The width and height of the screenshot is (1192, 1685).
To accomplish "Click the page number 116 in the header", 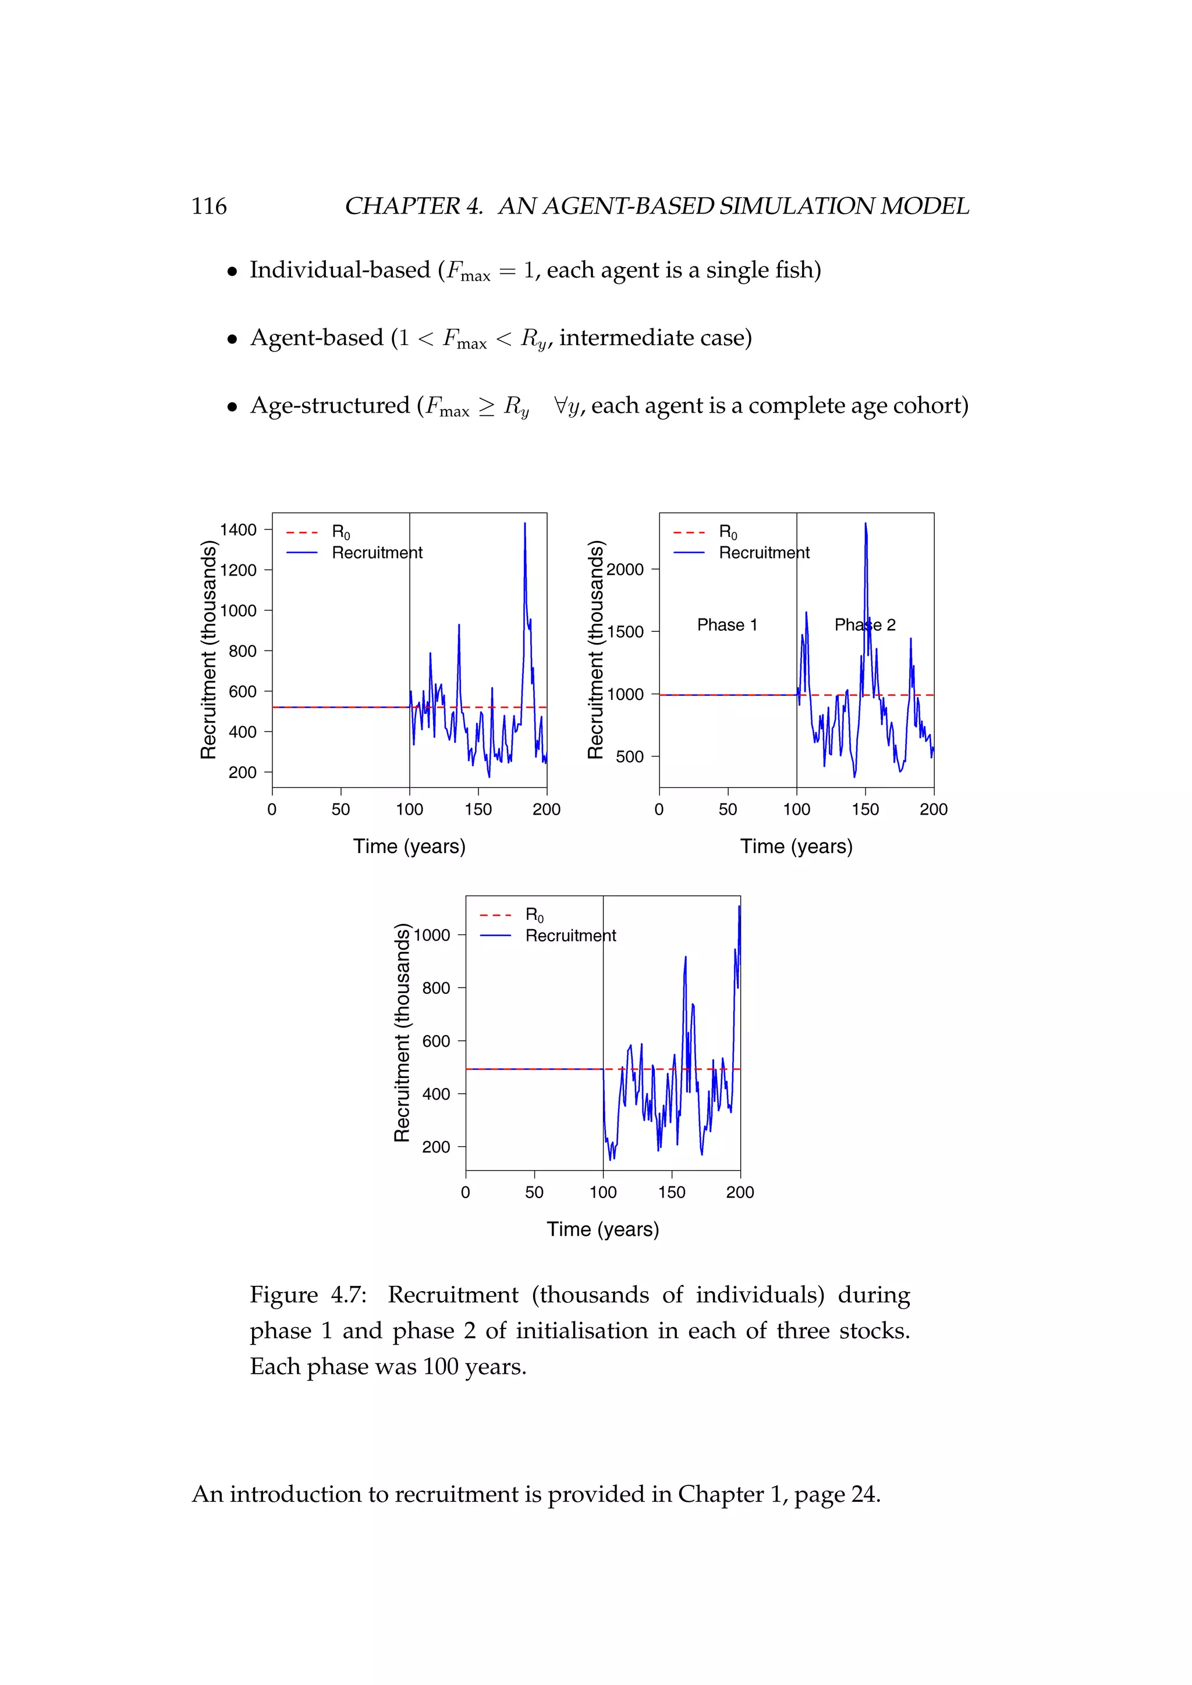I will coord(209,206).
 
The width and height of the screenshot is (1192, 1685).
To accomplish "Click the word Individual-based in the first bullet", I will coord(340,270).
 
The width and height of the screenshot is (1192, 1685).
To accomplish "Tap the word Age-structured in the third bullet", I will coord(329,406).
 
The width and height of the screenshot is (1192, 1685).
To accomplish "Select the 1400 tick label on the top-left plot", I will coord(238,530).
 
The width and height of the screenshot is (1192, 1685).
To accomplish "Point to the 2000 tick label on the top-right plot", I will coord(625,570).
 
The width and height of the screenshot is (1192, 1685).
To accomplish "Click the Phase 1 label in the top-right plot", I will coord(726,625).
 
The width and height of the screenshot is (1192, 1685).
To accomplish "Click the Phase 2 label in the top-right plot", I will coord(865,625).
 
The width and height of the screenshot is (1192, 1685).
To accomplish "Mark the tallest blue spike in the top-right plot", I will coord(865,524).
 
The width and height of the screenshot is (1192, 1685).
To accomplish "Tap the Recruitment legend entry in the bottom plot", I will coord(570,936).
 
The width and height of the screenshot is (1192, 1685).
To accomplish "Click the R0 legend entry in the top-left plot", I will coord(340,532).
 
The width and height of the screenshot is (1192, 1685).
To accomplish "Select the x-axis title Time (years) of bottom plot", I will coord(602,1229).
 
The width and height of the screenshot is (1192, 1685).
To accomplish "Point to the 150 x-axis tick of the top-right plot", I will coord(865,809).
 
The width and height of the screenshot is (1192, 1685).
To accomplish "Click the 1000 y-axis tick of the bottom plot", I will coord(432,935).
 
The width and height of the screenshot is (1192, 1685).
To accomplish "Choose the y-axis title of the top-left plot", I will coord(209,649).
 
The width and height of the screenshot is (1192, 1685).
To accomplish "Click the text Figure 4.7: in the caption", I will coord(308,1295).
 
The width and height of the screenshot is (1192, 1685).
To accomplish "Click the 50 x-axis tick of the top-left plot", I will coord(340,809).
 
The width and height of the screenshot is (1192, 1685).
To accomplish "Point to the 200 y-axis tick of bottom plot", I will coord(436,1147).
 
